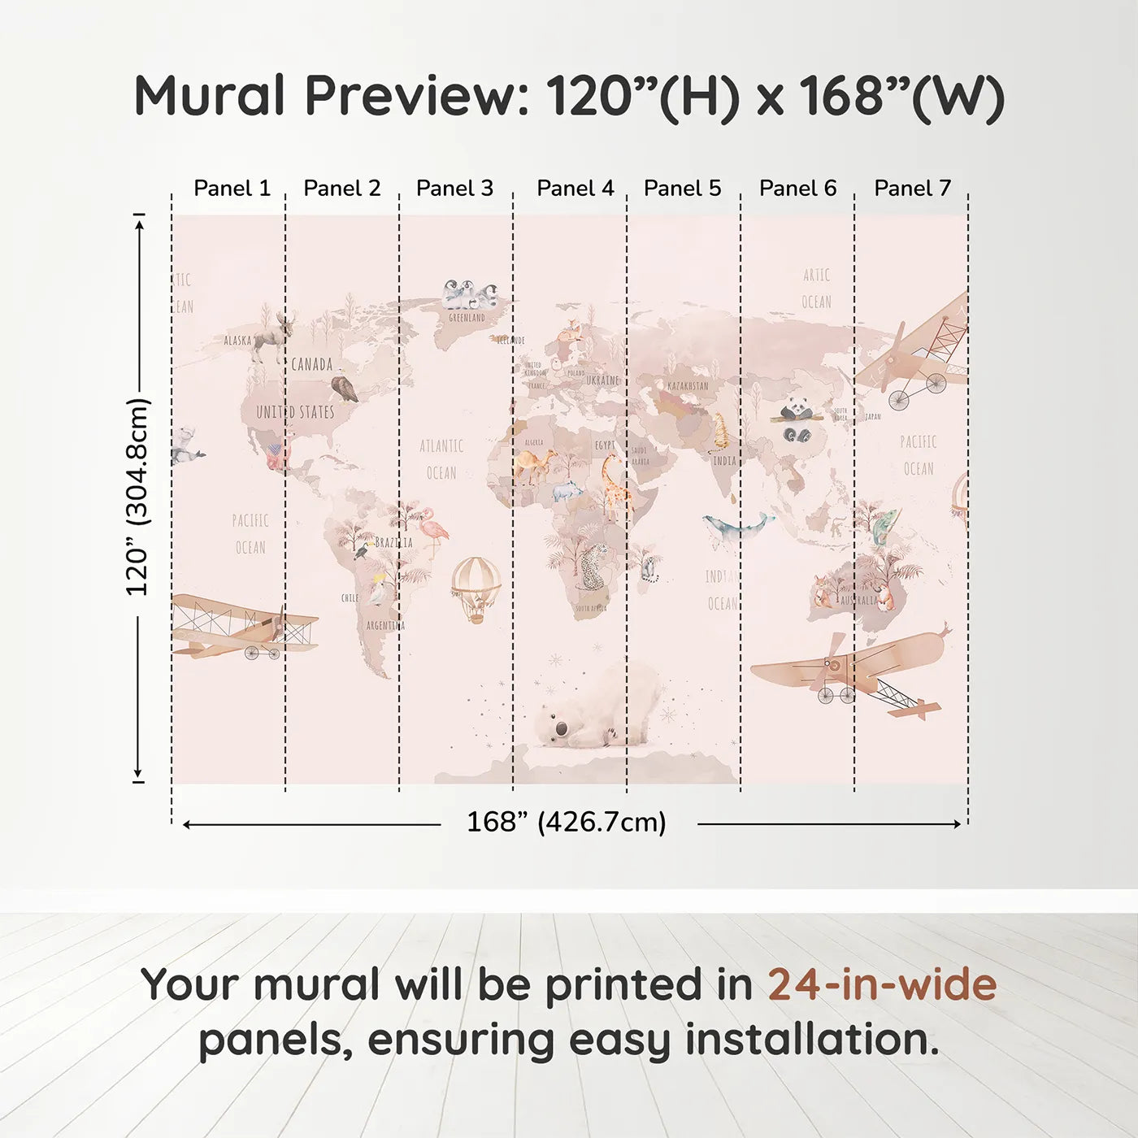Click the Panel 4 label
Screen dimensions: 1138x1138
point(575,189)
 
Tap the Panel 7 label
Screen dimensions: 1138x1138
point(912,189)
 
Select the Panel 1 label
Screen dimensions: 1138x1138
point(232,189)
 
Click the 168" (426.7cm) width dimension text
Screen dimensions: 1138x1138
point(566,823)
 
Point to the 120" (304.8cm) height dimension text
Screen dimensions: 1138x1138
point(137,497)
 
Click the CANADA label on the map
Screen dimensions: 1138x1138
point(312,364)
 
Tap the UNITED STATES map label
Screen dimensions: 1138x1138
point(295,412)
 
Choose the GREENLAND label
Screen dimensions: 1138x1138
point(467,318)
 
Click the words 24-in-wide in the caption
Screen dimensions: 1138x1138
point(882,984)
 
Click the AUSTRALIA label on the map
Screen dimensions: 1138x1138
point(858,600)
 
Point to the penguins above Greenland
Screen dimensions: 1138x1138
point(470,294)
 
